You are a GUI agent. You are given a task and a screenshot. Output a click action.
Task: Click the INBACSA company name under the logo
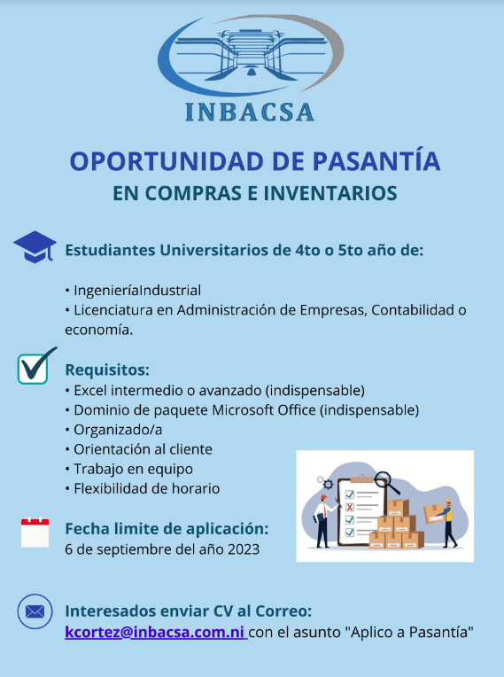pos(250,112)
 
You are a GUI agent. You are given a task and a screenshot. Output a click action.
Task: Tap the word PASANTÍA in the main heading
pos(376,161)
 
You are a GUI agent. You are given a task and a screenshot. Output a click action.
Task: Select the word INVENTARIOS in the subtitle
pos(330,193)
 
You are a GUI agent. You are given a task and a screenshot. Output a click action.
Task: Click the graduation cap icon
pos(35,247)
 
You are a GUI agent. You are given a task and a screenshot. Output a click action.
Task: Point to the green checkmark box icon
pos(35,366)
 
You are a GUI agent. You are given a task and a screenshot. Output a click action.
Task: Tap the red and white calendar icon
pos(35,532)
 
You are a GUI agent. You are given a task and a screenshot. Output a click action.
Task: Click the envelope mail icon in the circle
pos(35,611)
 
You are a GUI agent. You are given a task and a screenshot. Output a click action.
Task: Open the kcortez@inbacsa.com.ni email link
pos(155,632)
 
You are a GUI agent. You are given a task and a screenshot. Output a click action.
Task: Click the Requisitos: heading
pos(107,370)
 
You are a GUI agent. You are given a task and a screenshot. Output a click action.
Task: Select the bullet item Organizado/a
pos(113,430)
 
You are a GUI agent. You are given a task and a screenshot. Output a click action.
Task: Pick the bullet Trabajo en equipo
pos(128,470)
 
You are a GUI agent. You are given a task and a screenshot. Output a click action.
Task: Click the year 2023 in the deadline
pos(244,549)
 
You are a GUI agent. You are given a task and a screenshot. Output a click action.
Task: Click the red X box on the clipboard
pos(350,507)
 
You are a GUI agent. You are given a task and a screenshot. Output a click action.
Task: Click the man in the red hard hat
pos(323,521)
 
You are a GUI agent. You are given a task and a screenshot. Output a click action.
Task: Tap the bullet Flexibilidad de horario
pos(142,489)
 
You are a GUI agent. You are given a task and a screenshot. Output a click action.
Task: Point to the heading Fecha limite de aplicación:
pos(167,529)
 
